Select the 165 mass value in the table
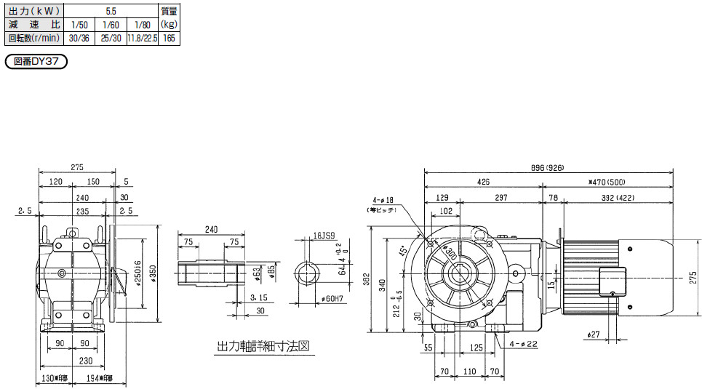[169, 38]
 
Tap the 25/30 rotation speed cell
[111, 38]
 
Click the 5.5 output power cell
[111, 12]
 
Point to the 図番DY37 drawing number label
[36, 62]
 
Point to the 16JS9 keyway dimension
[324, 236]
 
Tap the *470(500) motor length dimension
[608, 182]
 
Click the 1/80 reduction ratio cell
[143, 25]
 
